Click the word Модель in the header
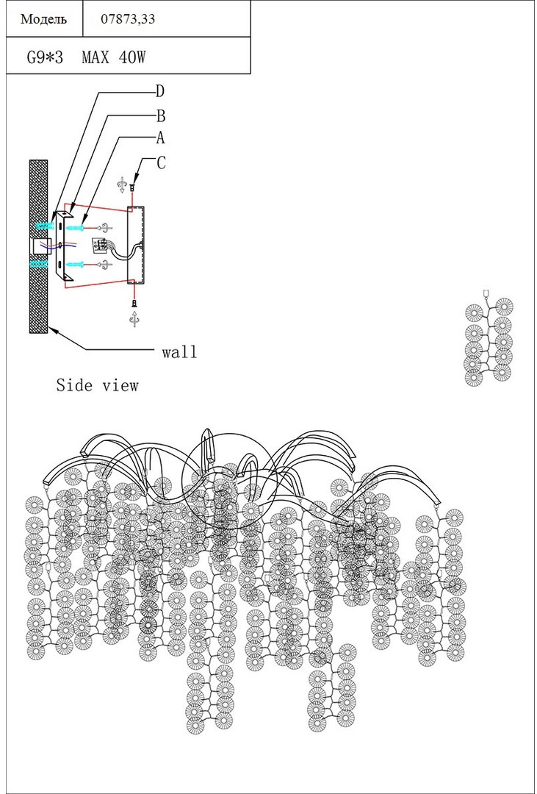pos(43,20)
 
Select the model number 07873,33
pos(128,20)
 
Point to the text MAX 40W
pos(113,57)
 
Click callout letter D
pos(159,92)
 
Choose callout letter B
pos(159,115)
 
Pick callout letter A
pos(159,138)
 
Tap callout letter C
pos(161,163)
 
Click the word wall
pos(179,352)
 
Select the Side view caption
pos(97,385)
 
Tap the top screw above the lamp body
pos(132,187)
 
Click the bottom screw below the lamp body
pos(133,301)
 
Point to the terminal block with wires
pos(98,246)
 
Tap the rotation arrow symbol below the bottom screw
pos(133,318)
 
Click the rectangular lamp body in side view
pos(137,244)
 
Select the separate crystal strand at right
pos(489,341)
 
